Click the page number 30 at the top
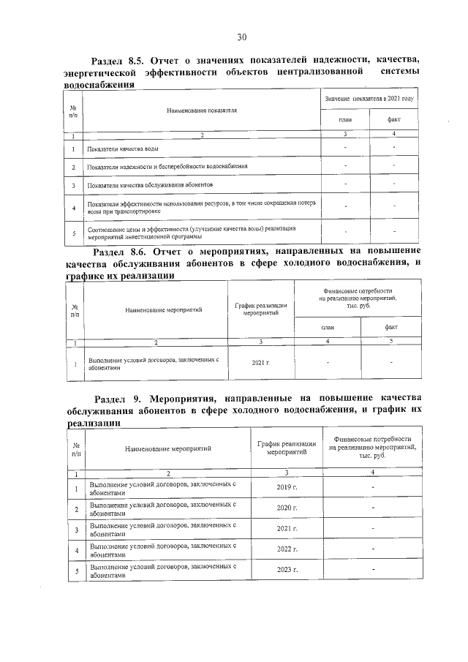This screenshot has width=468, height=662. click(242, 37)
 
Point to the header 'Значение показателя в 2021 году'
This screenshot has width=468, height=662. click(369, 98)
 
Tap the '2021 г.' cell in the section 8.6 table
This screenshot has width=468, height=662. click(261, 363)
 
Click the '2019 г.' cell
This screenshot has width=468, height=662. click(287, 487)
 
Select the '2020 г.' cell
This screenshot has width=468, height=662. click(287, 508)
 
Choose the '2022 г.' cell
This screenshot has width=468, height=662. click(287, 549)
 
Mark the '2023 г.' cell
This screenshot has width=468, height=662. click(287, 569)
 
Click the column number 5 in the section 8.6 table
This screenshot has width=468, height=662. click(391, 342)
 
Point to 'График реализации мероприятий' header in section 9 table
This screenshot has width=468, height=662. click(287, 448)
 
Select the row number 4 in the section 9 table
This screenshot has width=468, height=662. click(77, 549)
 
